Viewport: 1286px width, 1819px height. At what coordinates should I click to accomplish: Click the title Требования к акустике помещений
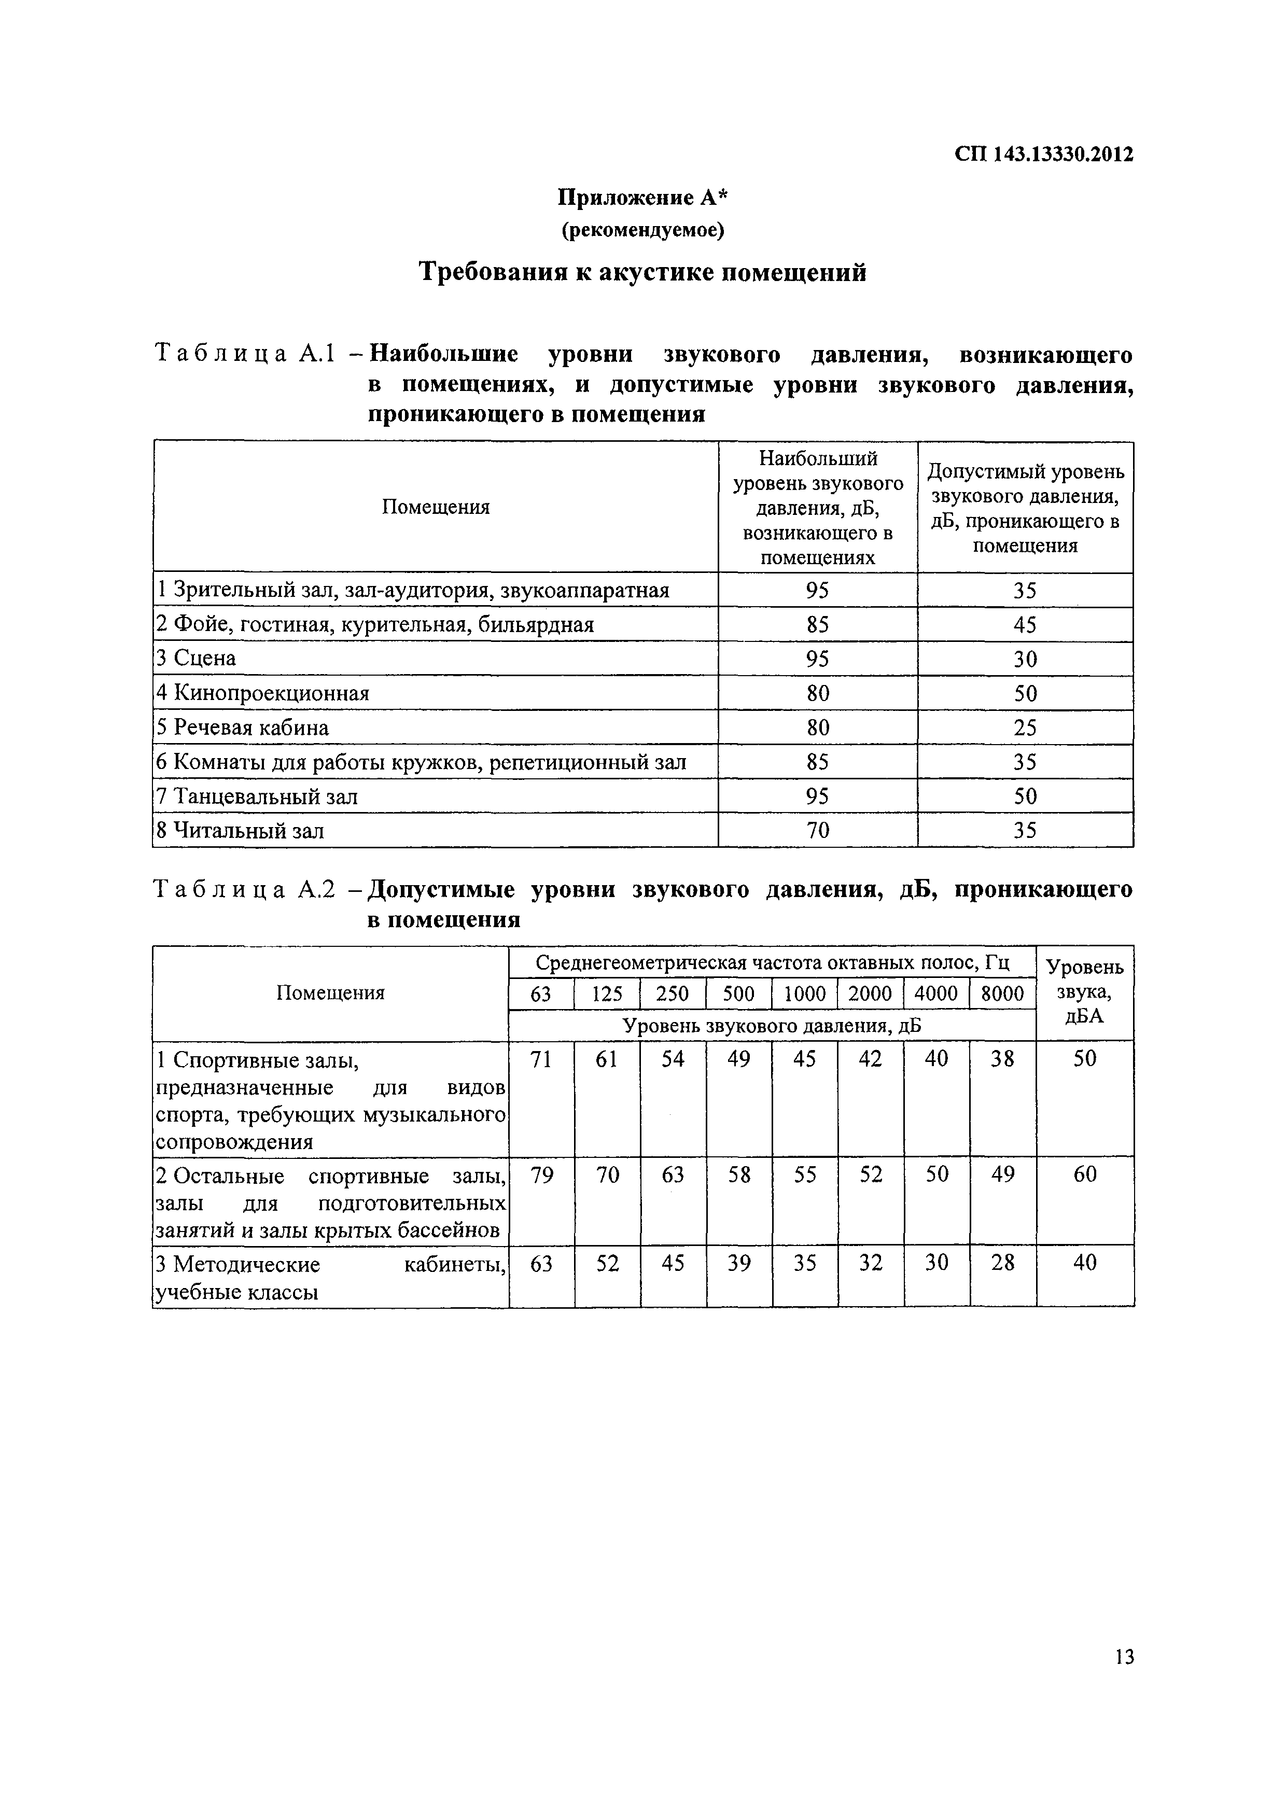tap(642, 272)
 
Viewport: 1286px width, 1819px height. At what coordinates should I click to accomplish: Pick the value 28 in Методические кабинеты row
tap(1002, 1263)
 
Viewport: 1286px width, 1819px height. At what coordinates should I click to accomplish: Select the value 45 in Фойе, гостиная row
tap(1025, 625)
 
